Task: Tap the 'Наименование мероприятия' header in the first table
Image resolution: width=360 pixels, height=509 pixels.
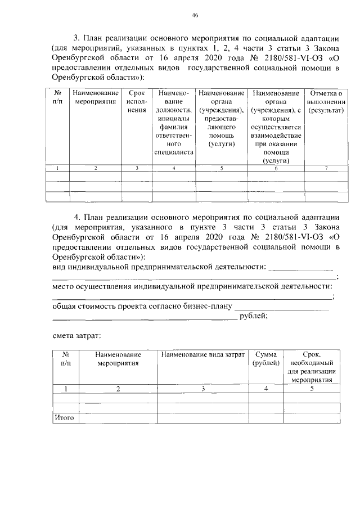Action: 96,97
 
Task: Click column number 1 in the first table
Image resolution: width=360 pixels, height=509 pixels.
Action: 57,168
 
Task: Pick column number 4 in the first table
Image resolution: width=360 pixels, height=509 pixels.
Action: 173,168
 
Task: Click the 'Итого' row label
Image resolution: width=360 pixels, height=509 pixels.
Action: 64,418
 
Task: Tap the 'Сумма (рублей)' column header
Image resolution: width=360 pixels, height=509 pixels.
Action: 265,359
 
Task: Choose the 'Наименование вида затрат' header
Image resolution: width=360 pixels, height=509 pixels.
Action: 203,355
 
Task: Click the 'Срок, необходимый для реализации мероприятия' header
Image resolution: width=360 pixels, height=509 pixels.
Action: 312,367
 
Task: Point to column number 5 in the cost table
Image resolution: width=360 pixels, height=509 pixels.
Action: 312,389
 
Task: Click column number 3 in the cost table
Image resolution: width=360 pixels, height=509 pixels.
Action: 203,389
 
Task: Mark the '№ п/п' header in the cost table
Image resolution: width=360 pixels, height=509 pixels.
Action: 66,359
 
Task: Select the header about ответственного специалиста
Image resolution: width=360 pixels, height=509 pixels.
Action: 173,123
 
